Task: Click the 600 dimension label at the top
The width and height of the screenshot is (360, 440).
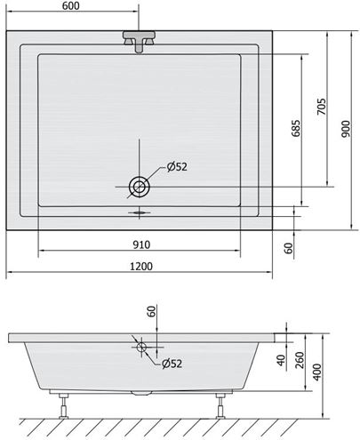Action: click(x=71, y=5)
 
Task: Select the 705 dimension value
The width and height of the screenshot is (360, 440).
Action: click(x=321, y=107)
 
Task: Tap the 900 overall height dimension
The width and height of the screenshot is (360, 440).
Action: click(x=345, y=129)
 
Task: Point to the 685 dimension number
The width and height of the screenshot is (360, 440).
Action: click(x=295, y=128)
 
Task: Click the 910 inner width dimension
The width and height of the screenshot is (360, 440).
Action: click(x=141, y=244)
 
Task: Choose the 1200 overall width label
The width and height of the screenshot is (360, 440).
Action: click(x=141, y=267)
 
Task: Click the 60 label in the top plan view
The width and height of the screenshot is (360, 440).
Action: click(x=288, y=248)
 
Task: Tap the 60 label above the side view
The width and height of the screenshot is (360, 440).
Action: click(x=151, y=312)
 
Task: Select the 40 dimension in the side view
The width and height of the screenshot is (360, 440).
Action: click(x=281, y=360)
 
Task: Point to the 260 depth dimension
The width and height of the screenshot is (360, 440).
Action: click(x=300, y=360)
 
